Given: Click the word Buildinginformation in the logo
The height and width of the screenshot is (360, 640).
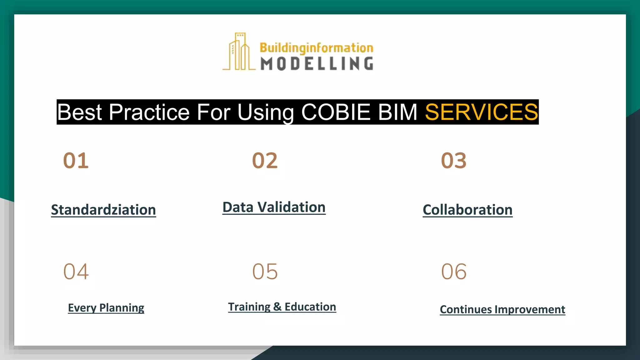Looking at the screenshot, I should point(316,48).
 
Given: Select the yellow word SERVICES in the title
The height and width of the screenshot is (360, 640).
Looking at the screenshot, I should point(481,112).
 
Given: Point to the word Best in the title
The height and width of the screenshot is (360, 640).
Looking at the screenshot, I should point(79,112).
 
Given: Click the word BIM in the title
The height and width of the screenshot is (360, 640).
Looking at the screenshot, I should point(397,112).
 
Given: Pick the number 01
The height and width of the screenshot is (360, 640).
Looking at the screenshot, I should point(76,161).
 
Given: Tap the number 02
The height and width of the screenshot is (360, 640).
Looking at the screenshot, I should point(265,161).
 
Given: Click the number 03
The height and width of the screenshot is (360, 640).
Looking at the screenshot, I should point(453,161).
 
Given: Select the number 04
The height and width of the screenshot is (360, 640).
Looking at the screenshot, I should point(76,271).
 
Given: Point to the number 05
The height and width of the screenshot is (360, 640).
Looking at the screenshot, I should point(265,271).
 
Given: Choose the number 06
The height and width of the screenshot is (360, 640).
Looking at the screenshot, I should point(453,271).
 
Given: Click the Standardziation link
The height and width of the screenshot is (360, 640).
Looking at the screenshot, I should point(103,210).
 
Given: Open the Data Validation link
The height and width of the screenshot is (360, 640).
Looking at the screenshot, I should point(274,207).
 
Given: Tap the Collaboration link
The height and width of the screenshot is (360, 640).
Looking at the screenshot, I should point(467,210).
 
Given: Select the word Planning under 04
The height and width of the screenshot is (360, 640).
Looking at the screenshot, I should point(122,308).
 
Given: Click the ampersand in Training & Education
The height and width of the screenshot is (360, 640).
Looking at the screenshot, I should point(277,307).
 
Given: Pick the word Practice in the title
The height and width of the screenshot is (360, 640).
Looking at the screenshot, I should point(149,112).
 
